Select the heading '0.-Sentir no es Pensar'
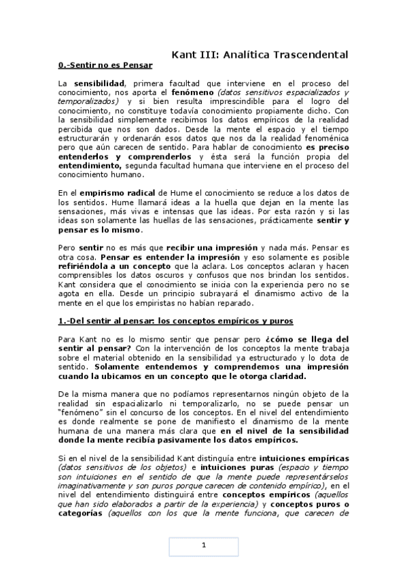point(105,65)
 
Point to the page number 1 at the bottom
point(203,545)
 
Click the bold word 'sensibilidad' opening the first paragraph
point(101,83)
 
